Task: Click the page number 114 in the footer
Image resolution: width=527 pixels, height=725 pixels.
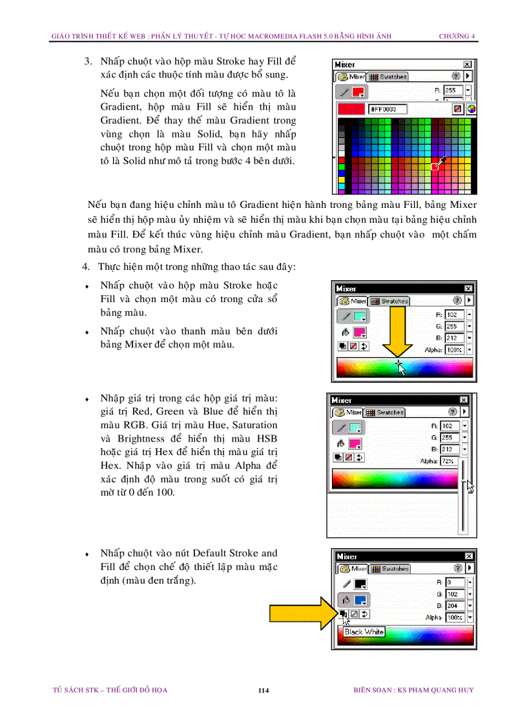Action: click(263, 690)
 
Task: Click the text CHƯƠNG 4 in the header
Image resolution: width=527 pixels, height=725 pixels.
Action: click(457, 36)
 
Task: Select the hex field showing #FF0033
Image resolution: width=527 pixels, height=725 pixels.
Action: click(387, 109)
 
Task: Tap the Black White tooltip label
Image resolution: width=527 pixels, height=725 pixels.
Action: click(364, 631)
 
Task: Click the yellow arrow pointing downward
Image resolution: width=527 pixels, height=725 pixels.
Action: click(397, 335)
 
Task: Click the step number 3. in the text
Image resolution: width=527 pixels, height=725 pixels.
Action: click(88, 61)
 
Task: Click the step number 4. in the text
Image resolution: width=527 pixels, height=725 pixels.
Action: click(85, 266)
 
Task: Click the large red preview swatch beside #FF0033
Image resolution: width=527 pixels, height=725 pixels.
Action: click(351, 109)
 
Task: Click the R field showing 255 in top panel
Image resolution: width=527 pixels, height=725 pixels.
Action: click(451, 91)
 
